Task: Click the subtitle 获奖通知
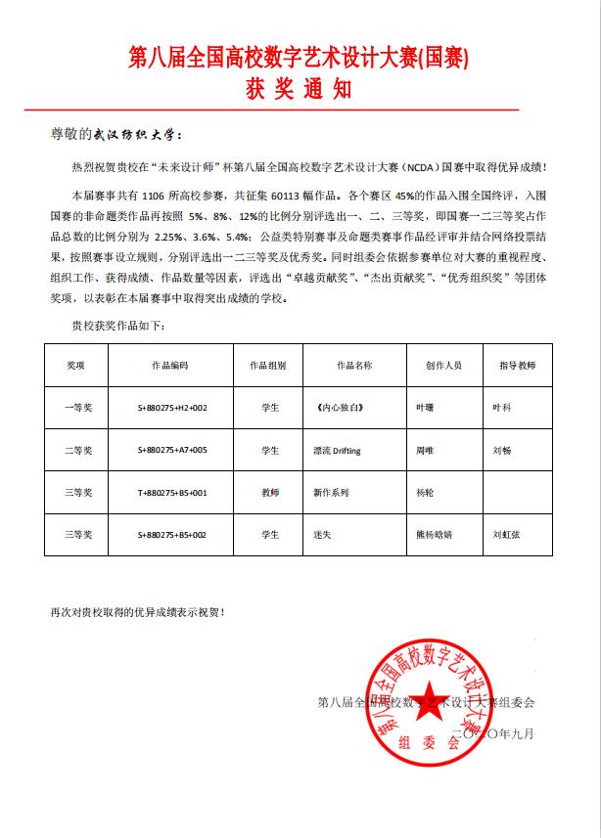click(300, 91)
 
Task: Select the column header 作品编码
click(169, 365)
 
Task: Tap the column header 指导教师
click(517, 365)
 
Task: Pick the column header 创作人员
click(443, 365)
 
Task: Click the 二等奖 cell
click(77, 450)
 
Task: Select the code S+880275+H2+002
click(172, 407)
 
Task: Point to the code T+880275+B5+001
click(171, 494)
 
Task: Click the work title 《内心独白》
click(327, 407)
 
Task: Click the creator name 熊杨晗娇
click(435, 536)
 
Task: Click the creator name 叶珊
click(424, 407)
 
